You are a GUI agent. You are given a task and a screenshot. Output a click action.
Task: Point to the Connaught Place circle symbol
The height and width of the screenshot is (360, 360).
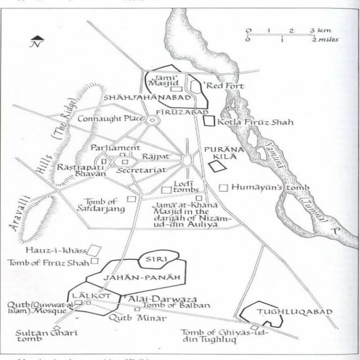pos(151,120)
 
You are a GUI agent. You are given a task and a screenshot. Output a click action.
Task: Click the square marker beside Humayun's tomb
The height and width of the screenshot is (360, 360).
pos(224,187)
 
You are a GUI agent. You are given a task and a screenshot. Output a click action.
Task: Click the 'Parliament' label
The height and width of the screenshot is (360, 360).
pos(115,148)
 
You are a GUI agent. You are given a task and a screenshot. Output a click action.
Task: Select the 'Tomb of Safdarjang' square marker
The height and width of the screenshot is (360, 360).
pos(132,199)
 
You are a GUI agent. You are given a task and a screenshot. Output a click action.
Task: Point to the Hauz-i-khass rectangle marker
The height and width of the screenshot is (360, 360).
pos(96,249)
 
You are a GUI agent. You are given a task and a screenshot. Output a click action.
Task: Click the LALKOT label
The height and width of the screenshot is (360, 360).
pos(84,295)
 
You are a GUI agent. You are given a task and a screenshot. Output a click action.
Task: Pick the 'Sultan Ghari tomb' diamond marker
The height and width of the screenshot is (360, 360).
pos(57,328)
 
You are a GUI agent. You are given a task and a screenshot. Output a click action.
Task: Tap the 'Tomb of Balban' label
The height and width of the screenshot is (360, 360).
pos(176,306)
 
